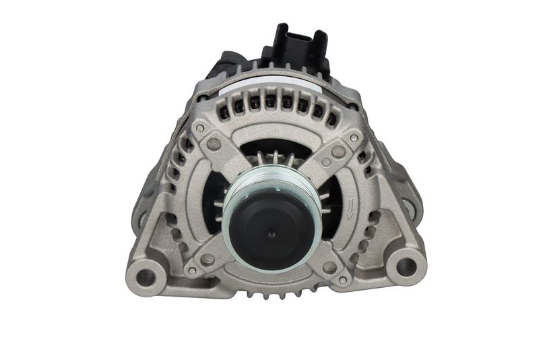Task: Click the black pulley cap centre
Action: [x=272, y=231]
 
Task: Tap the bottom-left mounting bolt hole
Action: [x=146, y=275]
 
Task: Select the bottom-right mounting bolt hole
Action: [x=406, y=266]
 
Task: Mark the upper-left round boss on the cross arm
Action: [x=214, y=144]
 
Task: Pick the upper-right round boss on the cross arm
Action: [x=338, y=152]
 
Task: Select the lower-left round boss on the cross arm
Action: [x=208, y=258]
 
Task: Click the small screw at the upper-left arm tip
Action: [x=199, y=127]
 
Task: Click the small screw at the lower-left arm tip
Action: [x=193, y=271]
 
